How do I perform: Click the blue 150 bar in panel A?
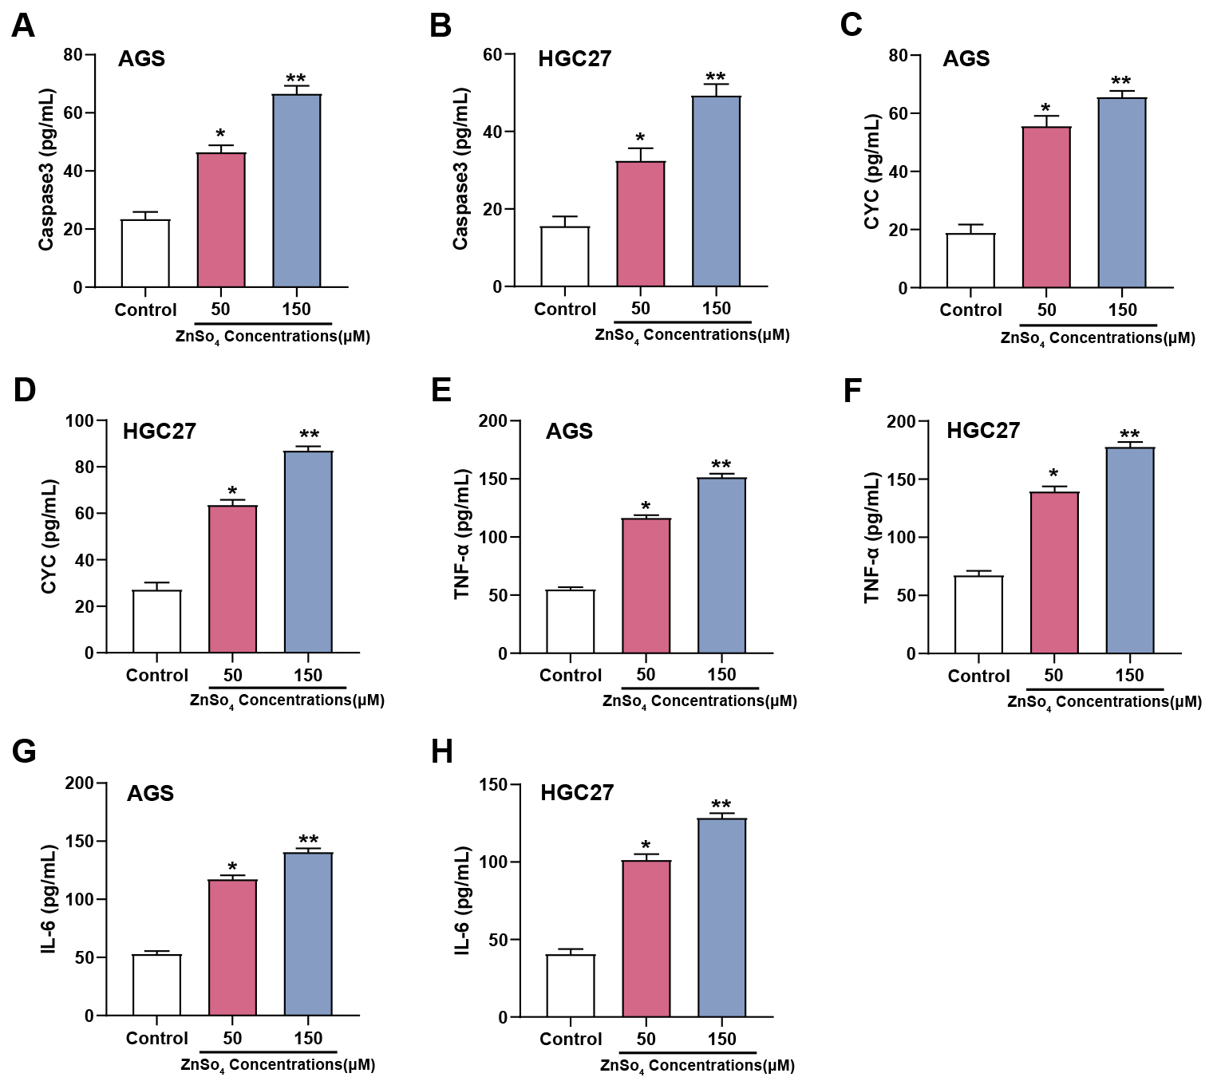(297, 191)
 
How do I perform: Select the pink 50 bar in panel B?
(641, 224)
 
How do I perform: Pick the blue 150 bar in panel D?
(308, 552)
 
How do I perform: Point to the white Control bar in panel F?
(978, 614)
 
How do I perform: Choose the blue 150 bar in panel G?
(308, 934)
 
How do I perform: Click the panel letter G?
(24, 752)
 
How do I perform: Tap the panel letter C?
(852, 26)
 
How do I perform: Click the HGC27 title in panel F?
(983, 431)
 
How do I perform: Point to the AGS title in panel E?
(569, 432)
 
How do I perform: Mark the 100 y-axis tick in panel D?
(79, 420)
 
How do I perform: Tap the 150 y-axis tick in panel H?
(492, 785)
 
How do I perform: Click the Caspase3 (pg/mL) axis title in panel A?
(46, 169)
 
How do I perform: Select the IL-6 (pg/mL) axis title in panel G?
(49, 899)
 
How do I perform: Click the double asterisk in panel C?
(1121, 81)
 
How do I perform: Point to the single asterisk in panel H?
(646, 846)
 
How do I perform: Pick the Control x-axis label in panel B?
(565, 310)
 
